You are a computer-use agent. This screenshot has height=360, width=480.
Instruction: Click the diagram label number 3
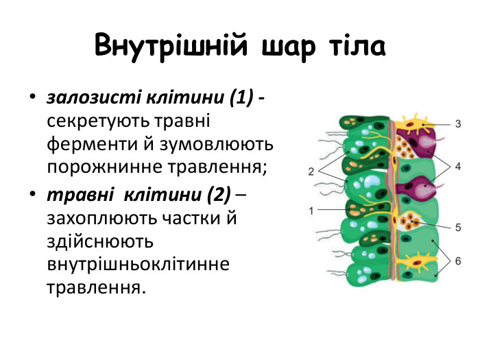point(458,124)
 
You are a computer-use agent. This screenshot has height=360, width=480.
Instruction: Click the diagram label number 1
point(312,210)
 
